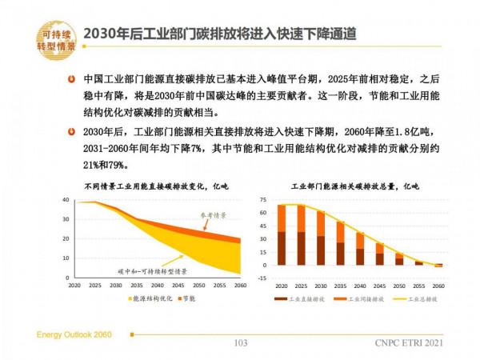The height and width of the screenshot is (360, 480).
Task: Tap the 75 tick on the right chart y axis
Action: point(261,199)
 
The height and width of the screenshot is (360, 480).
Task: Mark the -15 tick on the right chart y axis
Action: point(260,278)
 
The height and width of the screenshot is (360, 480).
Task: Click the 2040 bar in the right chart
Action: point(360,249)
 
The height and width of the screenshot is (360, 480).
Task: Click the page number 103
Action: point(239,344)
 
